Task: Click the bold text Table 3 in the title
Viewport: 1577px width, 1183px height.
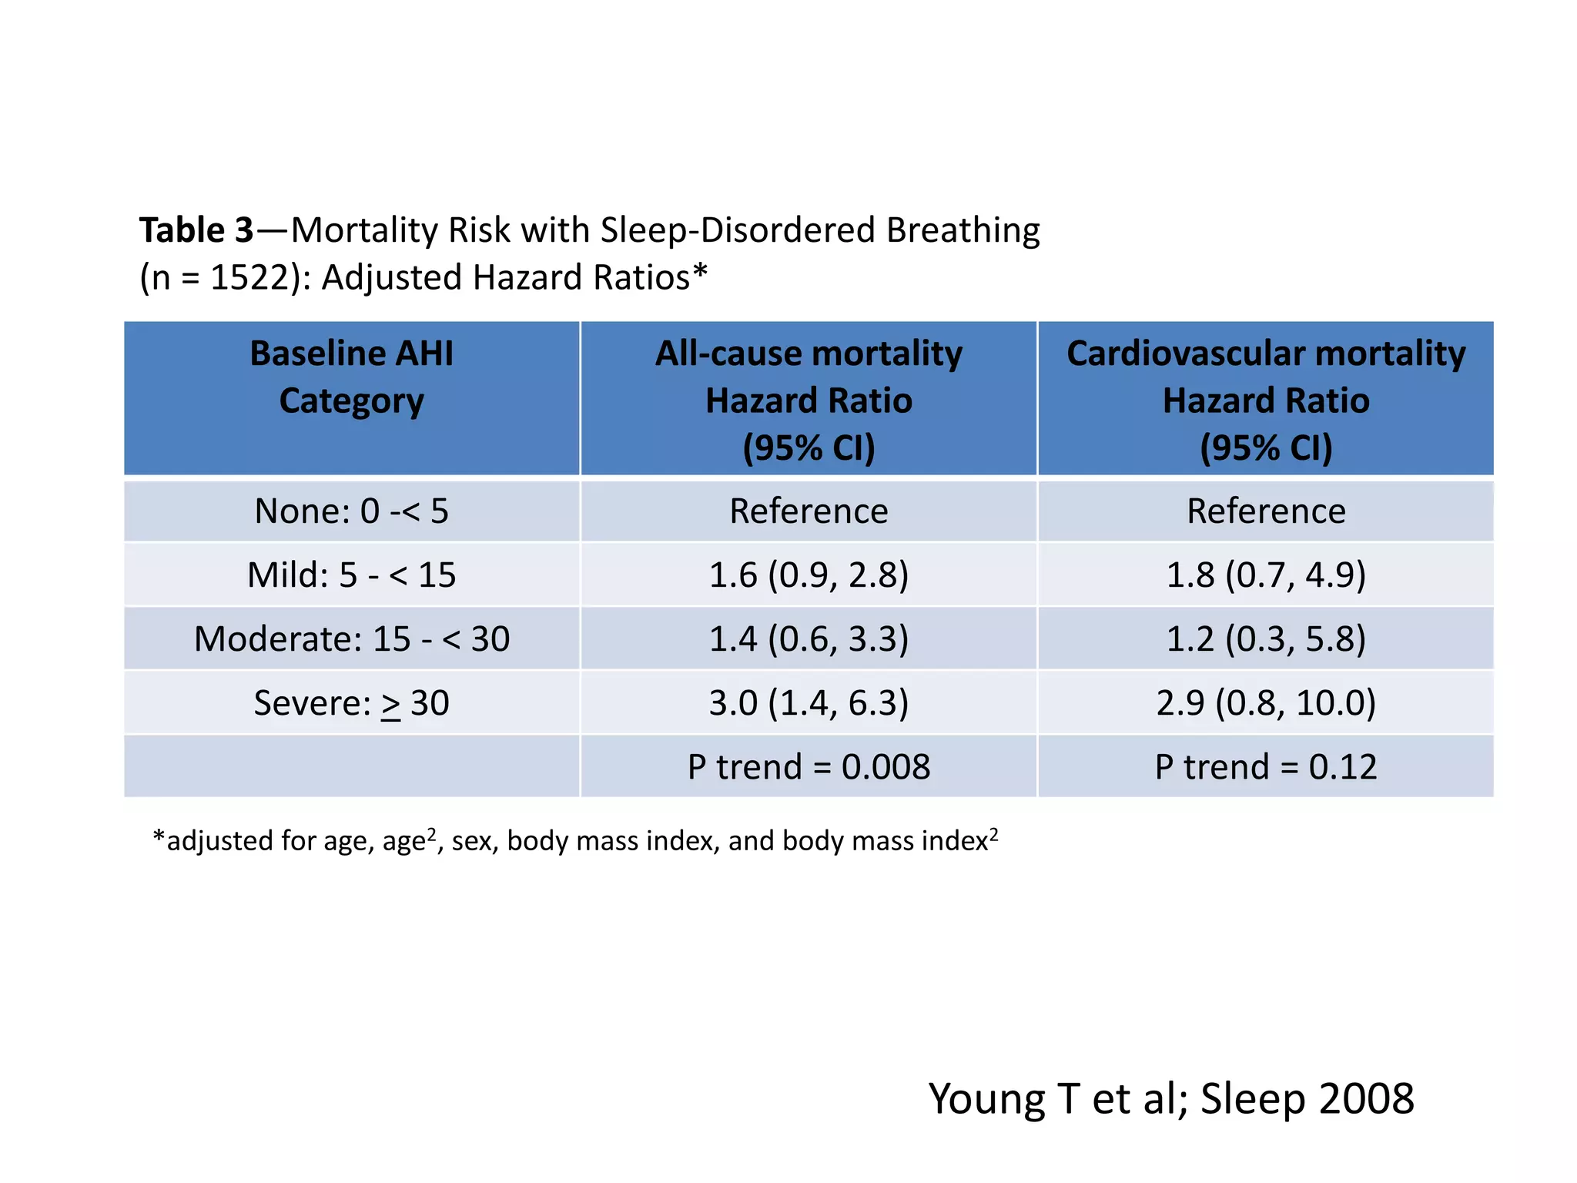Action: [x=196, y=230]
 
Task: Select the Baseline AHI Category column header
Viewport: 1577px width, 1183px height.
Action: [x=351, y=377]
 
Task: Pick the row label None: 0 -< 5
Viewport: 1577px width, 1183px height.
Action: [x=351, y=511]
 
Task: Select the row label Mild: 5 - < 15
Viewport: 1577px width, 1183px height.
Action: [x=351, y=575]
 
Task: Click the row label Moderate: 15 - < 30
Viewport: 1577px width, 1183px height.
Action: [x=351, y=639]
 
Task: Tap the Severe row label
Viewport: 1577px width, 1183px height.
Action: [x=351, y=703]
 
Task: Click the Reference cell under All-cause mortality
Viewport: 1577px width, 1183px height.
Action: [x=809, y=511]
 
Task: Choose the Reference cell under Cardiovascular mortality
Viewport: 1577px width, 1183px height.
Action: [x=1266, y=511]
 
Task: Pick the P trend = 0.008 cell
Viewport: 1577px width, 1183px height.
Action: [x=809, y=767]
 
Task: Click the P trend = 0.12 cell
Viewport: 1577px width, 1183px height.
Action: [x=1266, y=767]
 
